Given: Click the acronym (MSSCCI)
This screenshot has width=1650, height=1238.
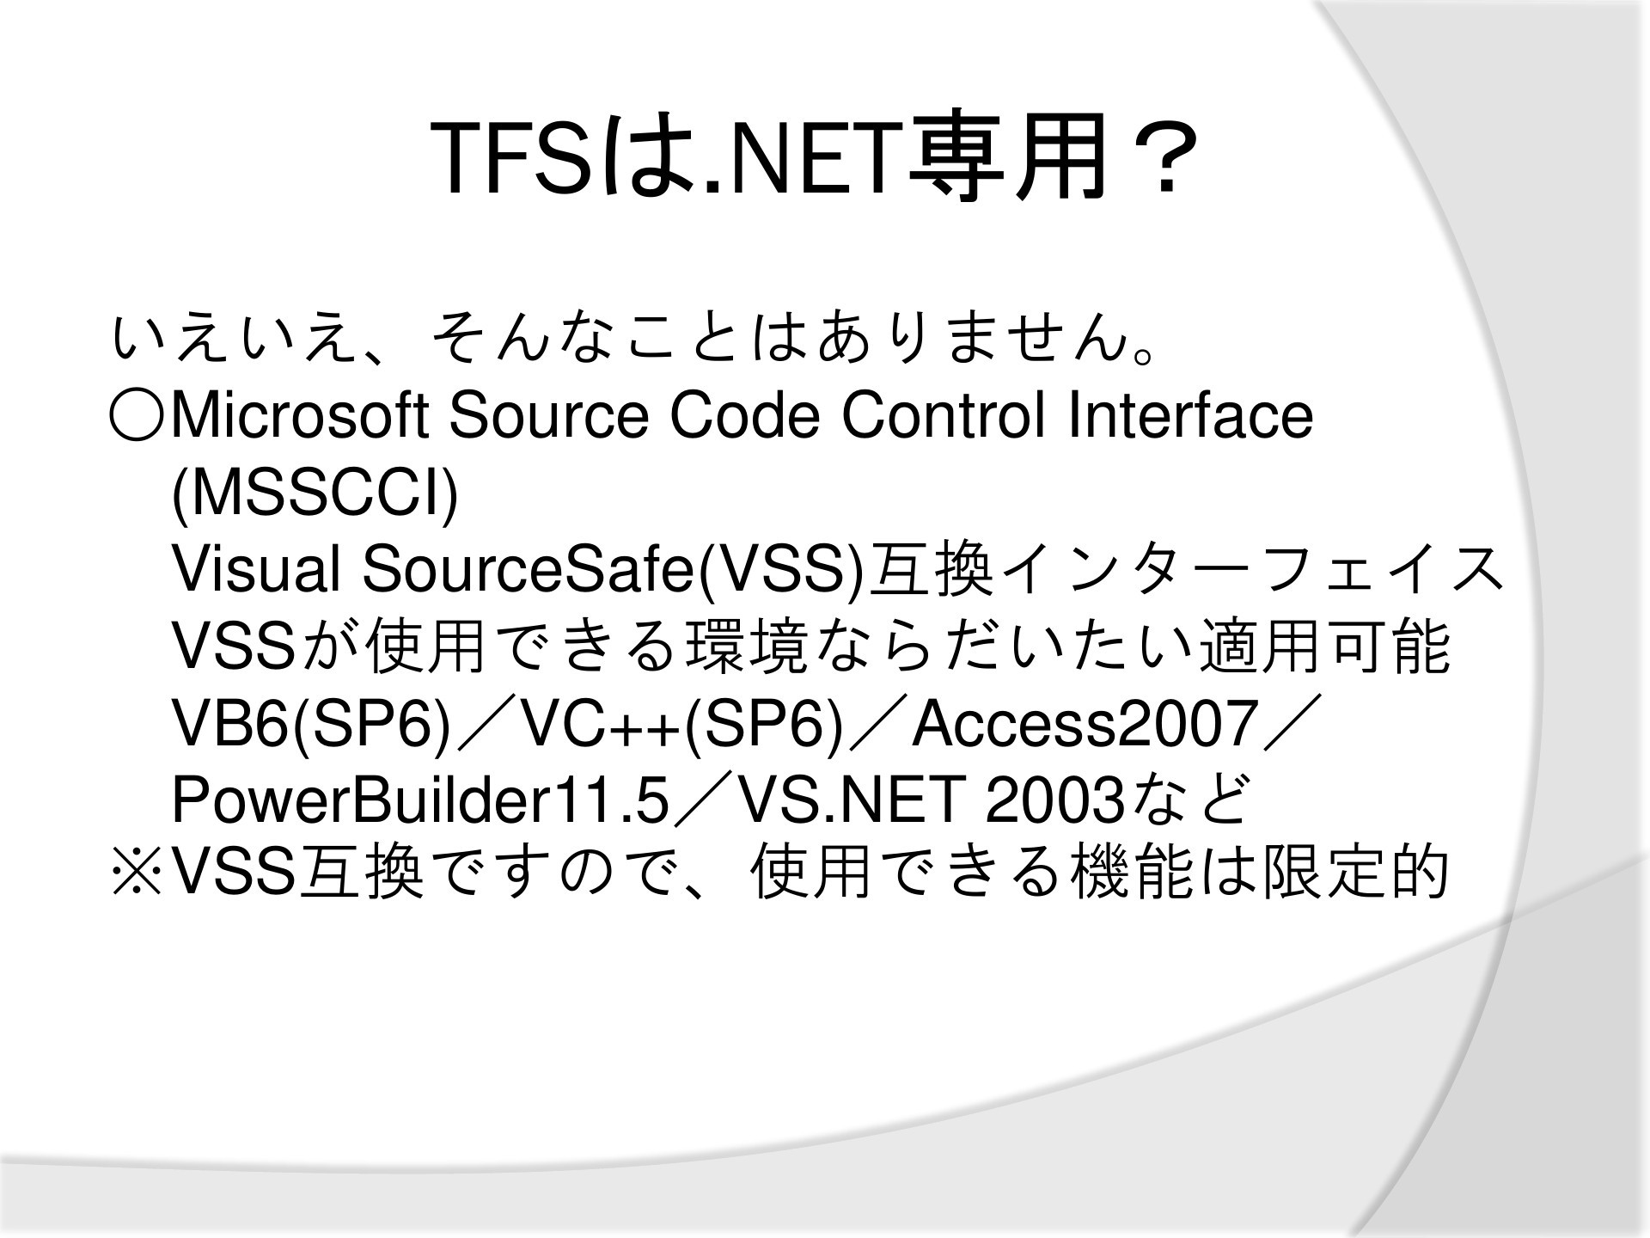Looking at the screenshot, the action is click(x=315, y=495).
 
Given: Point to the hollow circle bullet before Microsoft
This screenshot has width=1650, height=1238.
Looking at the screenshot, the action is click(x=137, y=416).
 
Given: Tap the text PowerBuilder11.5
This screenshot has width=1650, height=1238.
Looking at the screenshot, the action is click(x=420, y=800).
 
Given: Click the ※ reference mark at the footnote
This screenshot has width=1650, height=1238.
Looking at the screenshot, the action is click(x=137, y=872).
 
